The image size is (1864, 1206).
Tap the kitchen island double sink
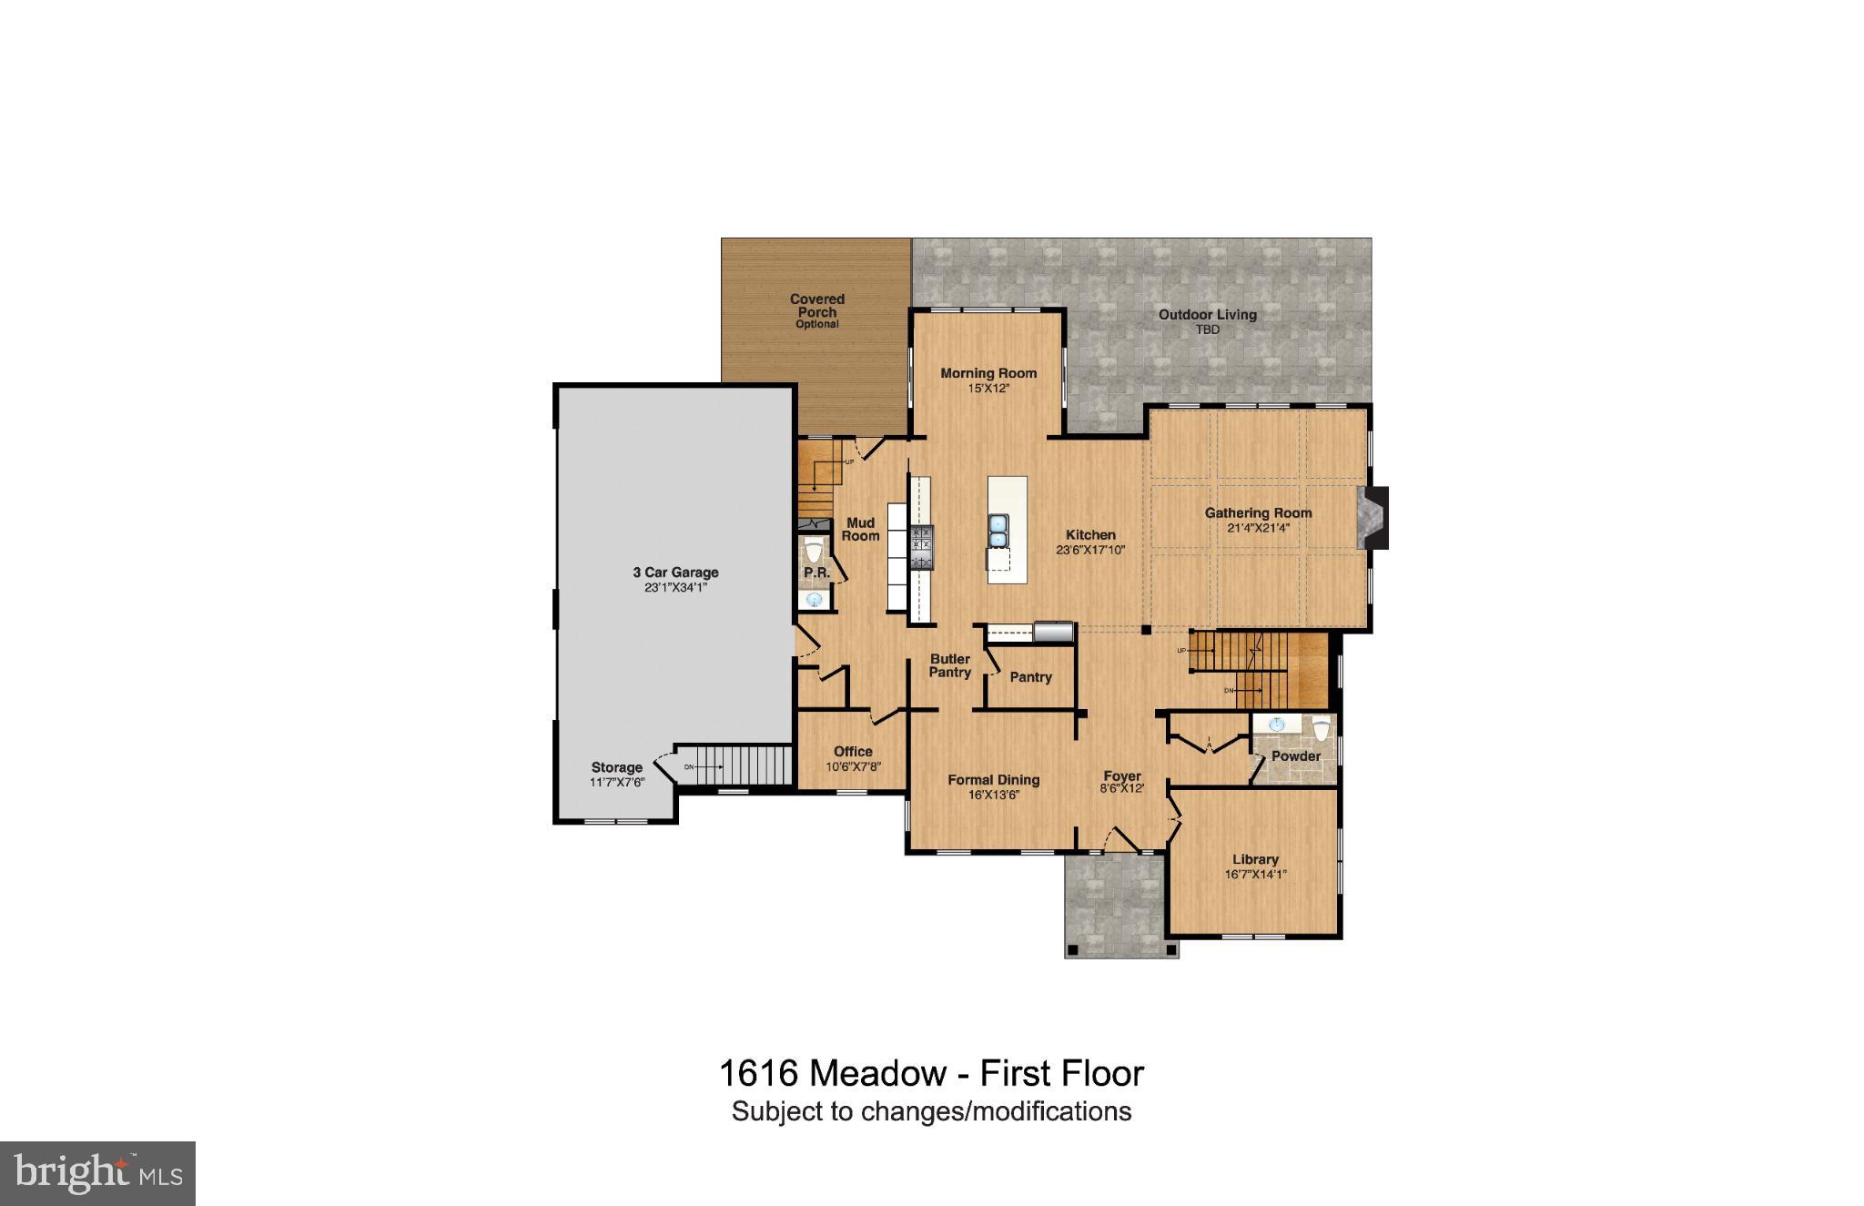click(x=998, y=531)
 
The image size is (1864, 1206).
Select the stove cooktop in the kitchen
click(x=922, y=547)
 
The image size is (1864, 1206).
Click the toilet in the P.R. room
click(x=814, y=550)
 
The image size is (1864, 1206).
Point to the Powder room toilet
click(x=1321, y=729)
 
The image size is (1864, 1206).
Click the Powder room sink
click(x=1277, y=725)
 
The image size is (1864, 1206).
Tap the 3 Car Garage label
click(x=675, y=573)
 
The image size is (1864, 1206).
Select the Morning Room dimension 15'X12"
click(x=988, y=389)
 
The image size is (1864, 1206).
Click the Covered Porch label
click(x=816, y=306)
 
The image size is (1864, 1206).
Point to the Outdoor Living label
click(x=1207, y=315)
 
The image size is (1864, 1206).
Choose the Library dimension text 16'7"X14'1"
click(x=1255, y=875)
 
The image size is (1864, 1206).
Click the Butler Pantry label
click(x=949, y=665)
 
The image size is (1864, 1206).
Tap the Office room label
click(x=853, y=752)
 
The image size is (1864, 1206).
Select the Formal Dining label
click(x=993, y=780)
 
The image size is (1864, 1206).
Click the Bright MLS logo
click(x=97, y=1173)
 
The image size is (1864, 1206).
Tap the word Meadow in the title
click(x=877, y=1074)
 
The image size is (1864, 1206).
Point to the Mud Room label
click(x=860, y=529)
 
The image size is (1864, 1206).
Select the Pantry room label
click(x=1030, y=677)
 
